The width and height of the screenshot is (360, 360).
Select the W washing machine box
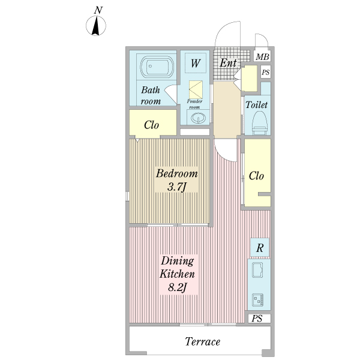[x=196, y=62]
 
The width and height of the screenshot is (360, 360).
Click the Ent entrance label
[x=228, y=62]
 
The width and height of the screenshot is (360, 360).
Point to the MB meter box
[x=262, y=56]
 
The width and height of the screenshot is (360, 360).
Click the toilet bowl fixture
[x=260, y=123]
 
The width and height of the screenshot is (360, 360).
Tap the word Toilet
[x=257, y=104]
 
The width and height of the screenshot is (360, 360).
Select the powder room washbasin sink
[x=197, y=118]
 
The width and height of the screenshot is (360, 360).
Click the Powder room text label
[x=194, y=104]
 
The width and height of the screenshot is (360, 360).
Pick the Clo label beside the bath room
[x=151, y=125]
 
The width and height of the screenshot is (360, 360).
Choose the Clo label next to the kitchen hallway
[x=256, y=176]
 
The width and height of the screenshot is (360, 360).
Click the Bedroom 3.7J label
[x=176, y=180]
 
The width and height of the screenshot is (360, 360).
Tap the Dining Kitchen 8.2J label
[x=177, y=274]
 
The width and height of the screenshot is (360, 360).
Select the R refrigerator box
[x=260, y=247]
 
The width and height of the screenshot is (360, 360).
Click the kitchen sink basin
[x=257, y=270]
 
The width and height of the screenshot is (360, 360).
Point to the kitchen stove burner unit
[x=257, y=299]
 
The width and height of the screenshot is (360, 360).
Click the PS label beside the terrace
[x=257, y=319]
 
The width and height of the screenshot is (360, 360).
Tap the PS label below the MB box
[x=266, y=73]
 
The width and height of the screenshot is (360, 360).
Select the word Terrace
[x=203, y=341]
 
